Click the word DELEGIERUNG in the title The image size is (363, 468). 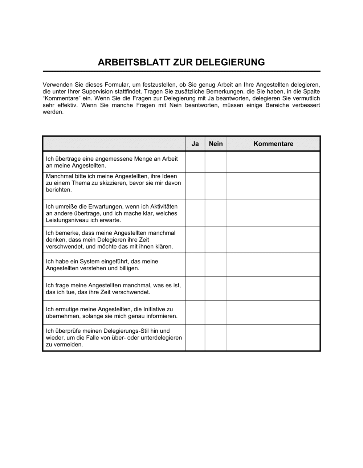point(230,62)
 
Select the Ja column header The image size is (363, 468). point(195,144)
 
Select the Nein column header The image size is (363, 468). point(216,144)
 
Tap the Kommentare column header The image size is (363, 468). point(273,144)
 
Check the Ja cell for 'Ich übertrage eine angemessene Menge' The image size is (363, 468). point(195,162)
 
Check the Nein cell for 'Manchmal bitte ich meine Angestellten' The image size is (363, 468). point(216,186)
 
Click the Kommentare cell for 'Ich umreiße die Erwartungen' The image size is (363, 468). point(273,213)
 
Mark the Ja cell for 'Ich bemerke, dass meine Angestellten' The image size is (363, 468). point(195,239)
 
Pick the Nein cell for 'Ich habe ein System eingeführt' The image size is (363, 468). point(216,265)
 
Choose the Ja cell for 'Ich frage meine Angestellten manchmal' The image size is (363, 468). point(195,289)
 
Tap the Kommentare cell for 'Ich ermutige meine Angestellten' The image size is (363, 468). point(273,312)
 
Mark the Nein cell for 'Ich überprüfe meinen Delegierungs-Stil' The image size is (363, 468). point(216,337)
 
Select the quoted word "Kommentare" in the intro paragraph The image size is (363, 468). point(60,98)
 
